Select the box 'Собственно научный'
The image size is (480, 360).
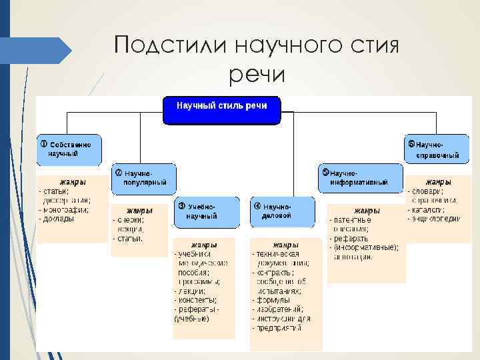click(x=69, y=149)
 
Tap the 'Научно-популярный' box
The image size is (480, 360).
click(x=143, y=178)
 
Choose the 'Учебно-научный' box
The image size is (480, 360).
click(x=207, y=212)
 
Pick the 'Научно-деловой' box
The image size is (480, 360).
click(x=282, y=212)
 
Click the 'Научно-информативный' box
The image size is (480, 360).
click(x=360, y=177)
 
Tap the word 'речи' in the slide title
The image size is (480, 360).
click(x=256, y=75)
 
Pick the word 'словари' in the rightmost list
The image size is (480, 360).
click(x=427, y=191)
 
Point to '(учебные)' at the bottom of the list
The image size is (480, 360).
click(x=192, y=319)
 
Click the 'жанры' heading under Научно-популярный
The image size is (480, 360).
click(x=140, y=210)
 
